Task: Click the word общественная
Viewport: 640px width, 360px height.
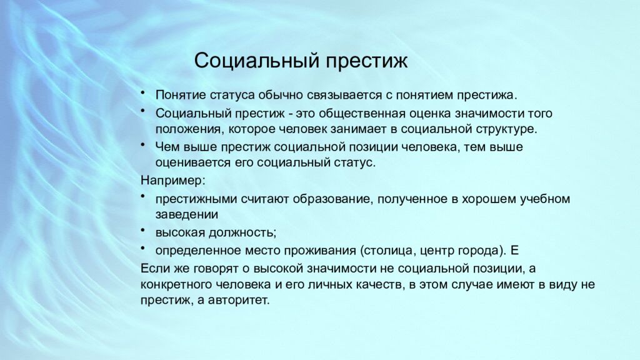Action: [351, 114]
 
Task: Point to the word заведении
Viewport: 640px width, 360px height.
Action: [186, 215]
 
